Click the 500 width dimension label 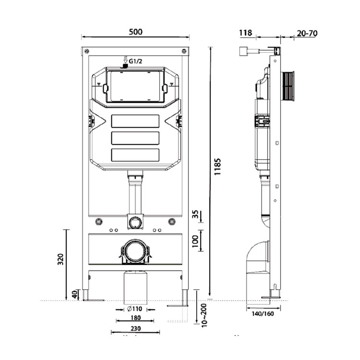coord(136,32)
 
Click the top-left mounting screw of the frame coord(87,51)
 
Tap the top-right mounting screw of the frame coord(183,51)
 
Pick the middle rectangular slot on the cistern coord(135,138)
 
